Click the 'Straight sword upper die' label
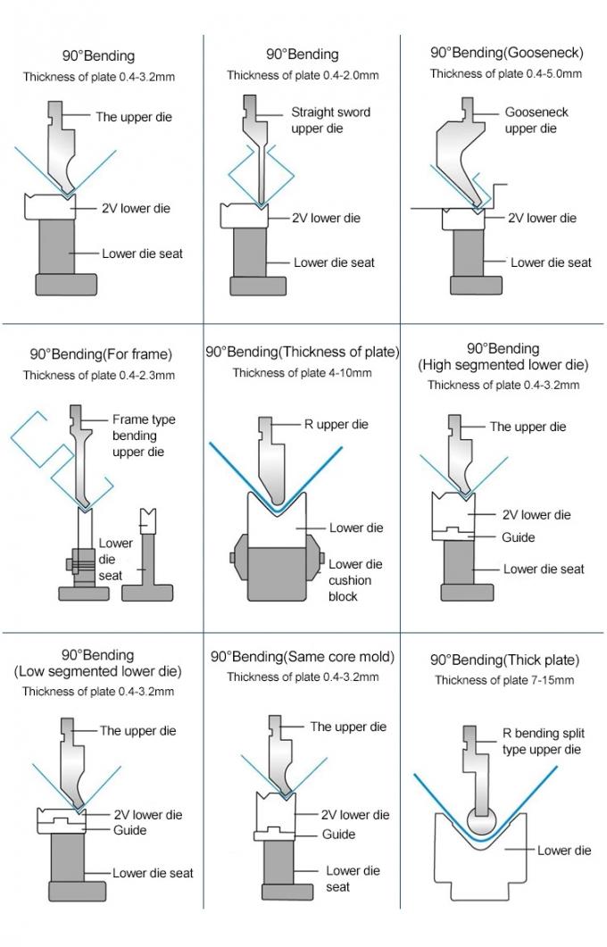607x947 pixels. click(x=330, y=120)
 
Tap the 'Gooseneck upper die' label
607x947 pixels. click(x=536, y=120)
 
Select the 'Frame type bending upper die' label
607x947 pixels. click(x=143, y=436)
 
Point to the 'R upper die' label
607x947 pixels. click(x=336, y=424)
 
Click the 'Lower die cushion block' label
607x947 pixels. click(x=354, y=580)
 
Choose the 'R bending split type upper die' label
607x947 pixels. click(x=542, y=742)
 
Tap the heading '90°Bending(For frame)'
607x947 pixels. click(x=100, y=354)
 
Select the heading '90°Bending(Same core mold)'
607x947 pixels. click(x=302, y=656)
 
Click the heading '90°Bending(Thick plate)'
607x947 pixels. click(x=504, y=660)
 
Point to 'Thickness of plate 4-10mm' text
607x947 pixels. click(x=302, y=372)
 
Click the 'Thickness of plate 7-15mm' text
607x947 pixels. click(x=504, y=680)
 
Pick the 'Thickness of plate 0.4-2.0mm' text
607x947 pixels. click(x=302, y=75)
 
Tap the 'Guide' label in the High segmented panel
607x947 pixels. click(x=518, y=537)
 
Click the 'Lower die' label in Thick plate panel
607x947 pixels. click(x=564, y=851)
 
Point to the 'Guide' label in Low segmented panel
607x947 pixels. click(x=129, y=830)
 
